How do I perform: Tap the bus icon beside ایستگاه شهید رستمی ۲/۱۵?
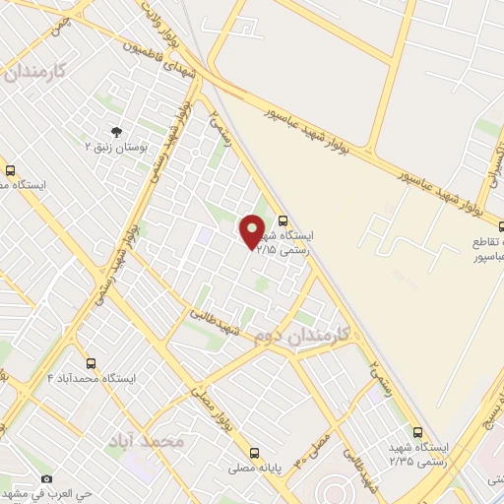pyautogui.click(x=283, y=221)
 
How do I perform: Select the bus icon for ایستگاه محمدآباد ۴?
pyautogui.click(x=92, y=363)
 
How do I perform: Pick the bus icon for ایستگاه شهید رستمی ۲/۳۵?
pyautogui.click(x=417, y=431)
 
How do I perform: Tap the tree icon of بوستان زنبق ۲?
pyautogui.click(x=117, y=130)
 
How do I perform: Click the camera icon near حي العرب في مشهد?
pyautogui.click(x=46, y=478)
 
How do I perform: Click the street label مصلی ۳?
pyautogui.click(x=325, y=434)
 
